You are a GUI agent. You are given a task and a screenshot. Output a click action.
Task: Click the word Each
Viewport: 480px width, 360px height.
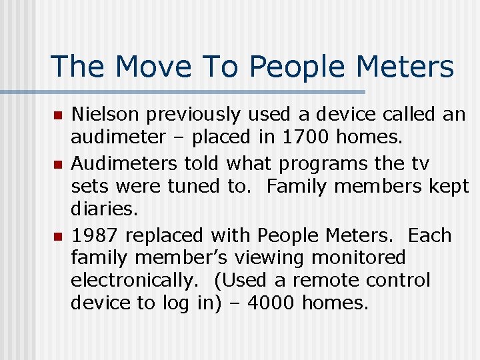[429, 235]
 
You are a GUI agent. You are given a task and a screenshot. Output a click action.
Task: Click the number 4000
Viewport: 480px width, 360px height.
[271, 303]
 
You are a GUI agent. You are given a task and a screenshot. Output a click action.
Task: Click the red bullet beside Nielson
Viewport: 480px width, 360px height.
[57, 116]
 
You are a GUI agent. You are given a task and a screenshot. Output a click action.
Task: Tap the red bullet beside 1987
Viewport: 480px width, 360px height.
[57, 236]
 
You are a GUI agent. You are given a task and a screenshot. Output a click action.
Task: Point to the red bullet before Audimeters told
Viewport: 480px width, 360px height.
[57, 164]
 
